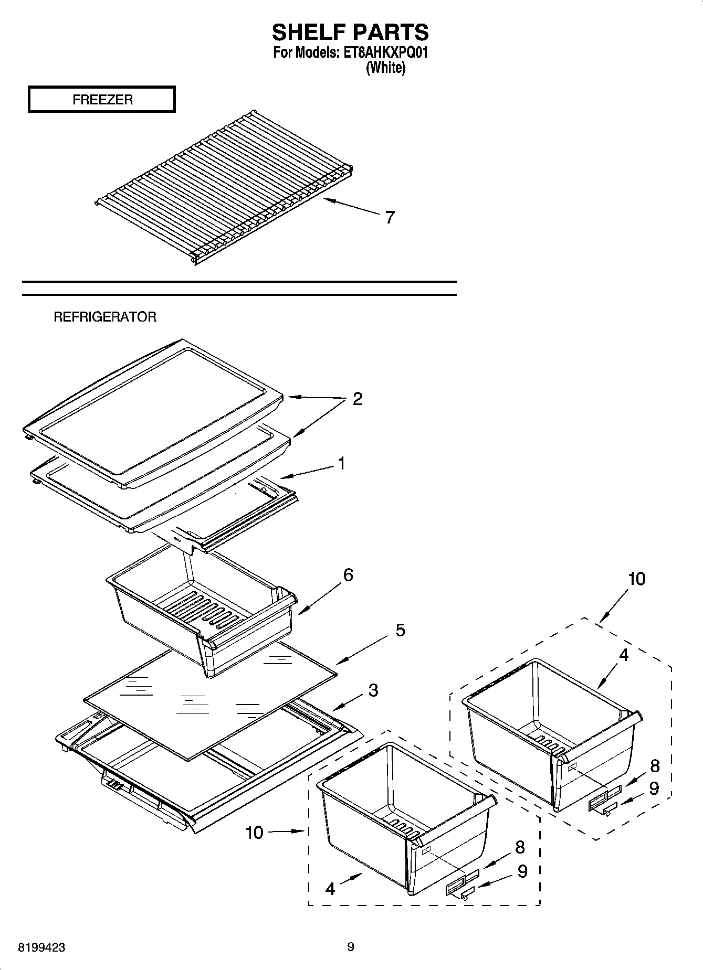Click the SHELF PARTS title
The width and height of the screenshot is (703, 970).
pyautogui.click(x=350, y=33)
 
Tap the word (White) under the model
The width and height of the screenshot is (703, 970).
pyautogui.click(x=385, y=68)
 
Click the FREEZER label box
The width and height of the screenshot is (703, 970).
pyautogui.click(x=102, y=100)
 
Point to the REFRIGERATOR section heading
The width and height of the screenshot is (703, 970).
pyautogui.click(x=105, y=317)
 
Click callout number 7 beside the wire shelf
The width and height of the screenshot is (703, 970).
pyautogui.click(x=390, y=217)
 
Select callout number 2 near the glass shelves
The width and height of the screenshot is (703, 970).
pyautogui.click(x=357, y=399)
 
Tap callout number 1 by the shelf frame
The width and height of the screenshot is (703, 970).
pyautogui.click(x=341, y=464)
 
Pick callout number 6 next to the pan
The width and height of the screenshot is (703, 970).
pyautogui.click(x=348, y=575)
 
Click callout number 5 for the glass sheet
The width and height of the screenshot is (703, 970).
pyautogui.click(x=400, y=630)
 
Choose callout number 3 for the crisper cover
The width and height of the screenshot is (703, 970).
pyautogui.click(x=373, y=690)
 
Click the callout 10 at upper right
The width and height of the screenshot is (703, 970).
pyautogui.click(x=636, y=579)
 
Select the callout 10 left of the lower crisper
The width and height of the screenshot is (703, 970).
pyautogui.click(x=255, y=833)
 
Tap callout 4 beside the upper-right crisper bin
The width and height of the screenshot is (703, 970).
pyautogui.click(x=623, y=655)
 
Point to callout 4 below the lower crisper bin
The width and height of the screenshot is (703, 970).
pyautogui.click(x=330, y=889)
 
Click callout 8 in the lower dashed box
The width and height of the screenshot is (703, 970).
pyautogui.click(x=520, y=847)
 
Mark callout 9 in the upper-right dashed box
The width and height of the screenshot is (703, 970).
pyautogui.click(x=654, y=789)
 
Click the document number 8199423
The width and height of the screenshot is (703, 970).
pyautogui.click(x=41, y=947)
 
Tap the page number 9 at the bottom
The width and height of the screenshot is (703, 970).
pyautogui.click(x=351, y=947)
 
